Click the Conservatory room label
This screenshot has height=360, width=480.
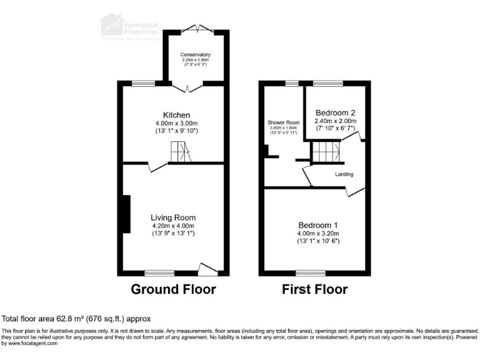(x=196, y=55)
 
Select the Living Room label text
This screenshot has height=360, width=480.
(x=174, y=217)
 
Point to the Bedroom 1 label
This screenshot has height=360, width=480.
(x=318, y=225)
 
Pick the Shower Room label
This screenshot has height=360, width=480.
(x=284, y=122)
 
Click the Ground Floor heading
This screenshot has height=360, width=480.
(x=173, y=289)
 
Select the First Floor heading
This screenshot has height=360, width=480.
(x=314, y=289)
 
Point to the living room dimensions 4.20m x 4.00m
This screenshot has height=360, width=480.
(x=174, y=226)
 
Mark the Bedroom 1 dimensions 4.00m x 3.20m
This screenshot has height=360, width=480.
(x=318, y=233)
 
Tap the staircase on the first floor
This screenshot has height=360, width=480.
(x=326, y=152)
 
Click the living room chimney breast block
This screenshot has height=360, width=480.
(x=127, y=214)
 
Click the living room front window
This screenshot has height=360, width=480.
(x=160, y=272)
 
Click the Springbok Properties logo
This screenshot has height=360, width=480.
(x=131, y=28)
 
